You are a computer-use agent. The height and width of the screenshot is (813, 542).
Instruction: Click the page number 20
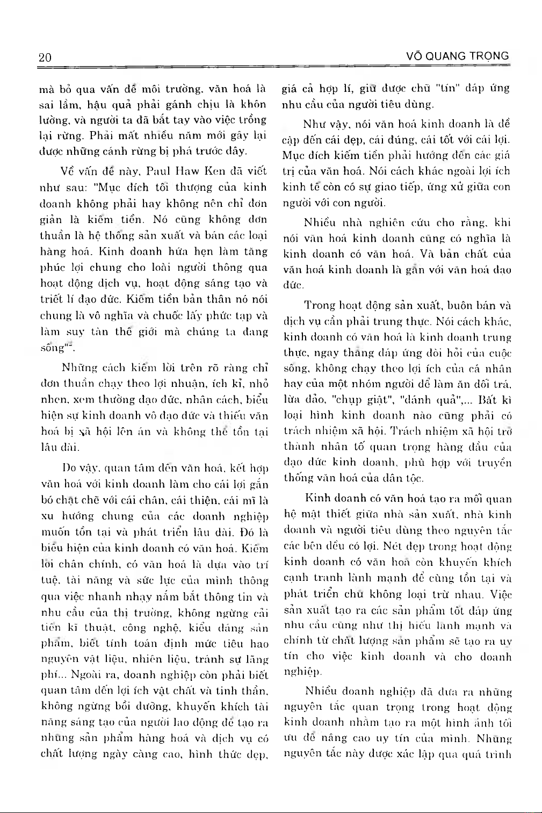coord(45,57)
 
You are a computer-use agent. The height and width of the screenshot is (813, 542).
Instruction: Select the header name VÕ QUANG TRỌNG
coord(458,56)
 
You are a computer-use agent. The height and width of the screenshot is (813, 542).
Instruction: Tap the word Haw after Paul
coord(188,171)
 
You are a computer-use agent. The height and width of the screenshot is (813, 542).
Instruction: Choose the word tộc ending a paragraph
coord(414,478)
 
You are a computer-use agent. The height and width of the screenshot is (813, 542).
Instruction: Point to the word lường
coord(53,120)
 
